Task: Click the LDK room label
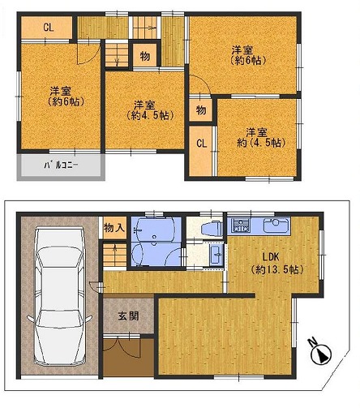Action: point(271,256)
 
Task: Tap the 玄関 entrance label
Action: point(128,316)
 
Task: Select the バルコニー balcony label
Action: point(61,165)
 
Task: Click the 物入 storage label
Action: point(114,228)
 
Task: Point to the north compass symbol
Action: point(320,352)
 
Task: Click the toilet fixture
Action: point(212,228)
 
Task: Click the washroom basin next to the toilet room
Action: point(216,255)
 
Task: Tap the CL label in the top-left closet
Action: point(49,27)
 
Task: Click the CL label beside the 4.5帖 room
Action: point(201,144)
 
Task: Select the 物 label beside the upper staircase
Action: point(145,56)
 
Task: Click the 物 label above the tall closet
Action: point(201,110)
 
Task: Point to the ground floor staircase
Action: point(115,255)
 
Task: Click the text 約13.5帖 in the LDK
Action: point(277,269)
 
